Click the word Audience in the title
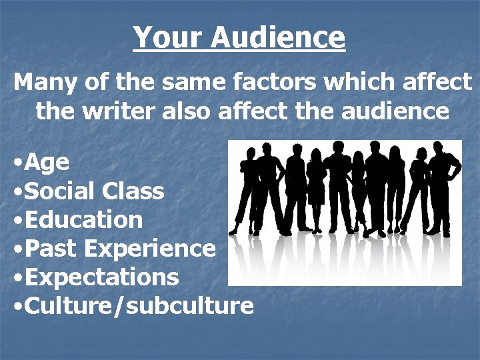[x=278, y=37]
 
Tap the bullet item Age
[x=48, y=162]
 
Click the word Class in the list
[x=133, y=191]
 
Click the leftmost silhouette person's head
[x=251, y=154]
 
